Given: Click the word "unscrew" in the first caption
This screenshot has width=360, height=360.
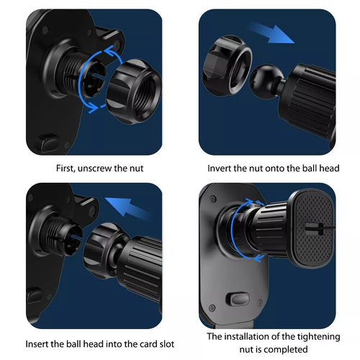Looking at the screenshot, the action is click(95, 168).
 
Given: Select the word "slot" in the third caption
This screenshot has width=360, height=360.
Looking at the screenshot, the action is click(166, 344).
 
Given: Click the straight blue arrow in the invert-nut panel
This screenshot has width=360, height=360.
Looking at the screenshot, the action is click(271, 32).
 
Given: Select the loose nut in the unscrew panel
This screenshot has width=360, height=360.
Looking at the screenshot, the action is click(133, 91).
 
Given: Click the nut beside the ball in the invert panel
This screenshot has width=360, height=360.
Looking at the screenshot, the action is click(227, 65).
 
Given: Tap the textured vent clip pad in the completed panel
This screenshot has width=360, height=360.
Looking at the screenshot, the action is click(311, 228).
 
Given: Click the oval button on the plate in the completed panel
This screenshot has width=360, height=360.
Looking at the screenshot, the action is click(238, 300).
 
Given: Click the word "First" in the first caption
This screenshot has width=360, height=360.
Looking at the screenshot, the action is click(66, 168).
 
